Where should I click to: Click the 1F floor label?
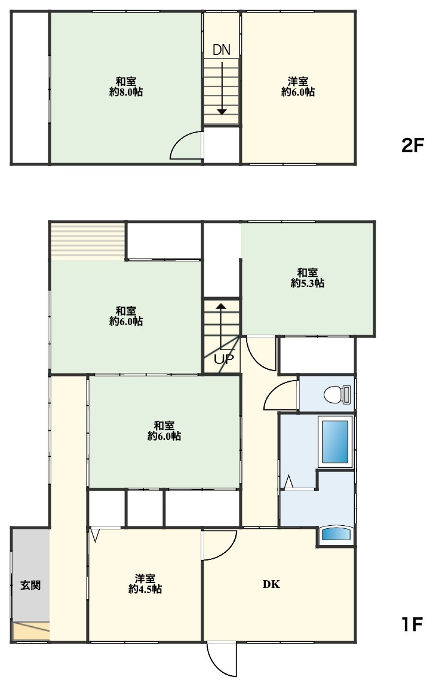(x=411, y=624)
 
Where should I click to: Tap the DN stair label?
(x=222, y=50)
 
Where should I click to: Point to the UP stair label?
(x=224, y=359)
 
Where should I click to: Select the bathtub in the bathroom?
(x=336, y=442)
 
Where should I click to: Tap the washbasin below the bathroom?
(x=336, y=535)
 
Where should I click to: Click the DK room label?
(x=271, y=584)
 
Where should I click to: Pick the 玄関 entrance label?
(x=30, y=586)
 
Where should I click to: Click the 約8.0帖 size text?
(x=126, y=92)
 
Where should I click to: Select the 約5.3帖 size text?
(x=308, y=283)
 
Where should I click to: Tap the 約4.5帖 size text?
(x=145, y=589)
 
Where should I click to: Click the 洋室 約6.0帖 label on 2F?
(x=298, y=87)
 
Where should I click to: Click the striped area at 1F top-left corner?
(x=88, y=241)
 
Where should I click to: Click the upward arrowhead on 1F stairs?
(x=222, y=307)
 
